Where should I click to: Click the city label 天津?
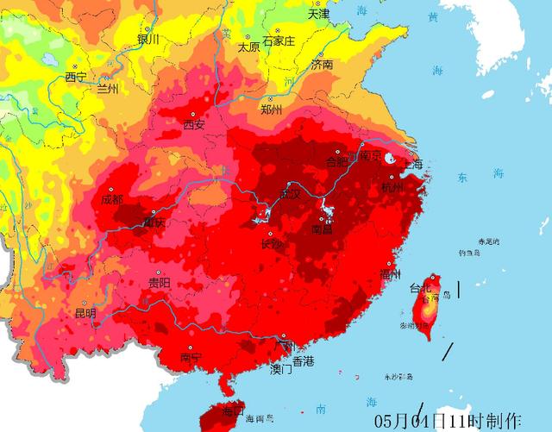(x=318, y=14)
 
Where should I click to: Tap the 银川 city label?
(x=148, y=39)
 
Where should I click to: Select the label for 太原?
(x=248, y=47)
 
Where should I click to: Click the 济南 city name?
(x=322, y=65)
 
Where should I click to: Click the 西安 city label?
(x=193, y=125)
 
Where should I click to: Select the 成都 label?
(x=112, y=199)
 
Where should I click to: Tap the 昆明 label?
(x=85, y=312)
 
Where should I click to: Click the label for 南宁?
(x=191, y=358)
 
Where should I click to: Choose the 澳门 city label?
(x=281, y=369)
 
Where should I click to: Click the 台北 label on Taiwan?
(x=420, y=287)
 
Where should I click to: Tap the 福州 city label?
(x=390, y=274)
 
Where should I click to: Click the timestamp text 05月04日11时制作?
(x=448, y=420)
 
